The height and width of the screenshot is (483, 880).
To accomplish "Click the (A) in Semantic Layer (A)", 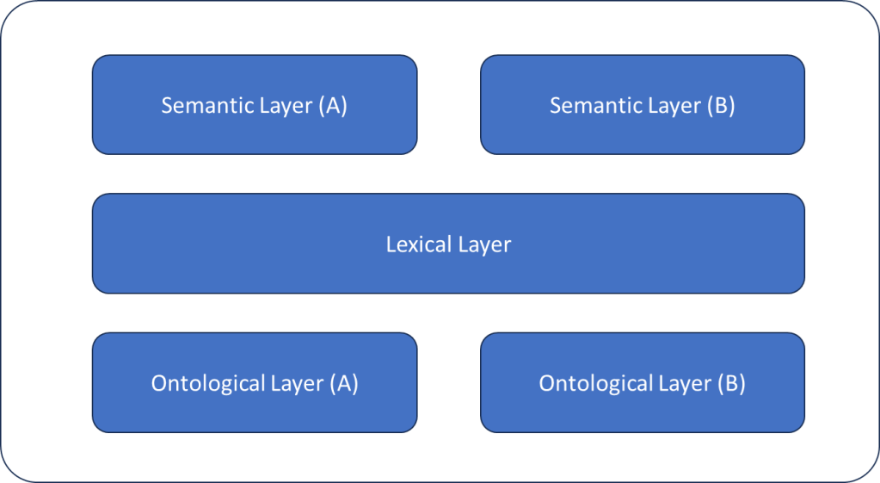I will click(x=332, y=106).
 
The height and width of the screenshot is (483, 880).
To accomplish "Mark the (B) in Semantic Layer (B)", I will click(x=720, y=106).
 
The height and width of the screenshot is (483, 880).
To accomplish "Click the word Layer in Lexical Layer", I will click(x=484, y=245).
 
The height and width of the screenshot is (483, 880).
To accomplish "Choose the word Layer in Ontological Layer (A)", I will click(x=296, y=384).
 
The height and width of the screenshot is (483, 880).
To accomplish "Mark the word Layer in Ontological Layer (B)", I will click(x=684, y=384).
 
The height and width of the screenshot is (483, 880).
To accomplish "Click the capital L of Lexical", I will click(x=391, y=245).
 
